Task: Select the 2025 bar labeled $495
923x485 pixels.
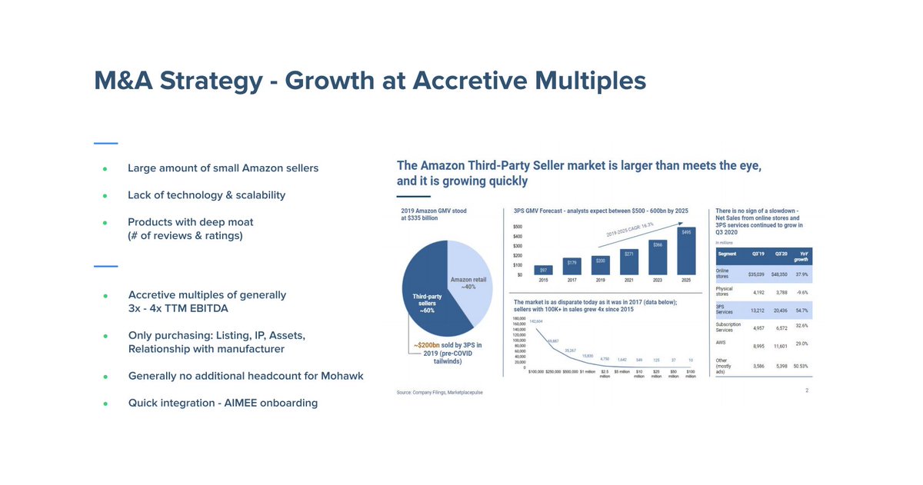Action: click(686, 251)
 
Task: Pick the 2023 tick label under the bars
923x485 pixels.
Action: click(658, 280)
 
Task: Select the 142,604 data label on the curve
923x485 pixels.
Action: click(536, 321)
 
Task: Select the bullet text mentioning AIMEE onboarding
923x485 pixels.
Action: click(222, 403)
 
